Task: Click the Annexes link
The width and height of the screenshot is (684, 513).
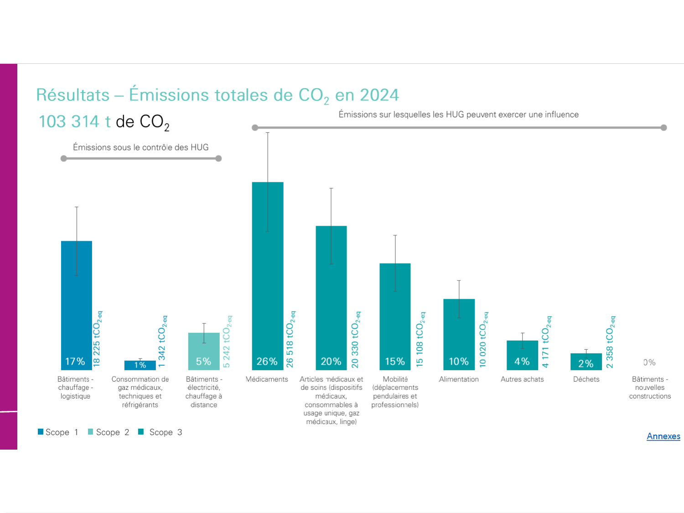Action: (663, 436)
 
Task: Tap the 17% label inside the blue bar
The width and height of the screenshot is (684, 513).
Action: (75, 362)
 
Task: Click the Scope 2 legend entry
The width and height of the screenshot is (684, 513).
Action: (109, 432)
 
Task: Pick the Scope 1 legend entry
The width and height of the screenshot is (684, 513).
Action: (58, 432)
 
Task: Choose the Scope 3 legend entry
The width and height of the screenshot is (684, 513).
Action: (160, 432)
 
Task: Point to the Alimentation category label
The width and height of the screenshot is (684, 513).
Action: (459, 379)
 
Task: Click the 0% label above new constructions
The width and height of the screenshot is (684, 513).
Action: (649, 363)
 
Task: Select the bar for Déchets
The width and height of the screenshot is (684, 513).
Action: (586, 361)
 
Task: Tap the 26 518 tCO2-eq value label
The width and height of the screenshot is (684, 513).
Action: (290, 339)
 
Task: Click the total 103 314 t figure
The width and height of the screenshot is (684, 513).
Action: (75, 122)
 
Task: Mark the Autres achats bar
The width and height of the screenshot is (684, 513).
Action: (523, 355)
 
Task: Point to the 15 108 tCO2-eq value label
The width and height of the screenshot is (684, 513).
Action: (420, 340)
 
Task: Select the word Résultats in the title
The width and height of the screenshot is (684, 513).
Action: (73, 95)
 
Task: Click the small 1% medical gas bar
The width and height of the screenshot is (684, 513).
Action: (140, 365)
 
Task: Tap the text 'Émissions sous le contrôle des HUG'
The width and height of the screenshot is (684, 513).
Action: (140, 147)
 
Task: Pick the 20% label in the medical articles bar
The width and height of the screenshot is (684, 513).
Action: (331, 362)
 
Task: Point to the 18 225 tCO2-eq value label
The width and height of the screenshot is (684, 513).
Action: (97, 339)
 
